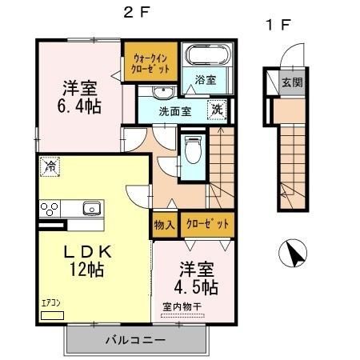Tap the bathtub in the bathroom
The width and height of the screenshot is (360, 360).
[x=206, y=57]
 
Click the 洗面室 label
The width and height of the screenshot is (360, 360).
[x=173, y=111]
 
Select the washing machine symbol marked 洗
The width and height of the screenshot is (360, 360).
[x=217, y=110]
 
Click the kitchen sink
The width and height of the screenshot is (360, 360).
[x=90, y=210]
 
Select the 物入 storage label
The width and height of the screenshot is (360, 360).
[x=163, y=225]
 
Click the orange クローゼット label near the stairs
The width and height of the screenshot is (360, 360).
[x=207, y=224]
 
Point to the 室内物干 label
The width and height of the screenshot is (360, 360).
[x=182, y=306]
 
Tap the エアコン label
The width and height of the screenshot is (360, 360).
[x=51, y=304]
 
